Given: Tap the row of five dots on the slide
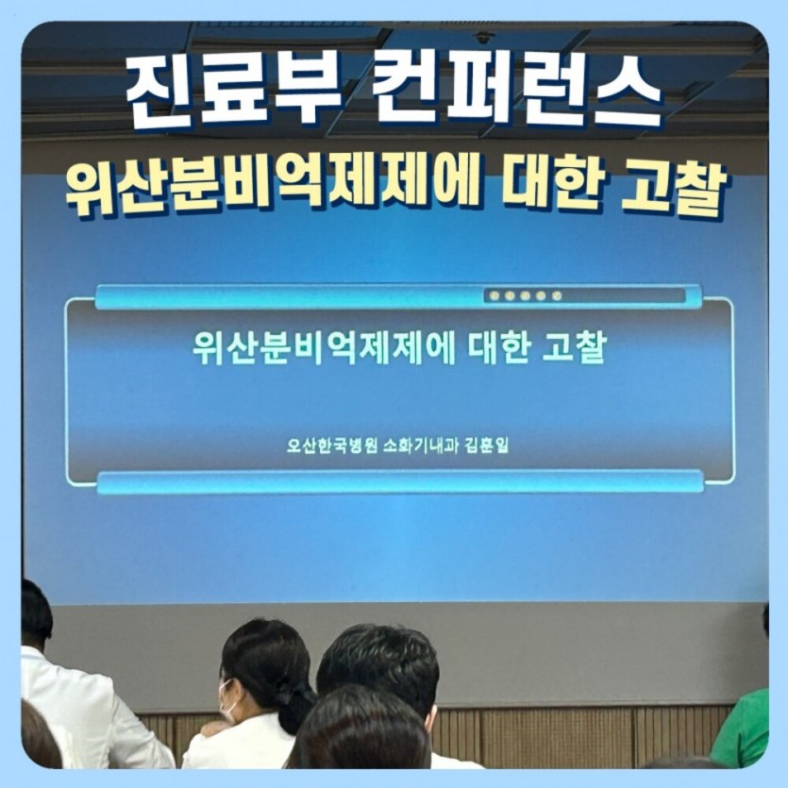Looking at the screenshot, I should (525, 295).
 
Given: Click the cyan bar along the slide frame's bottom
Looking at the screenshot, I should (399, 482).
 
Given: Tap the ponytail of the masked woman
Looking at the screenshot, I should (298, 703).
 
